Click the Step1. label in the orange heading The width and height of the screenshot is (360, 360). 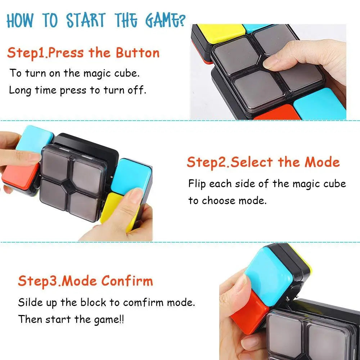tap(27, 53)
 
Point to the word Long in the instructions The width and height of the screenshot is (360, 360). tap(21, 90)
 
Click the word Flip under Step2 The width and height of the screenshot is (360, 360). tap(197, 184)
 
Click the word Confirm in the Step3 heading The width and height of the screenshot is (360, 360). tap(127, 281)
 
